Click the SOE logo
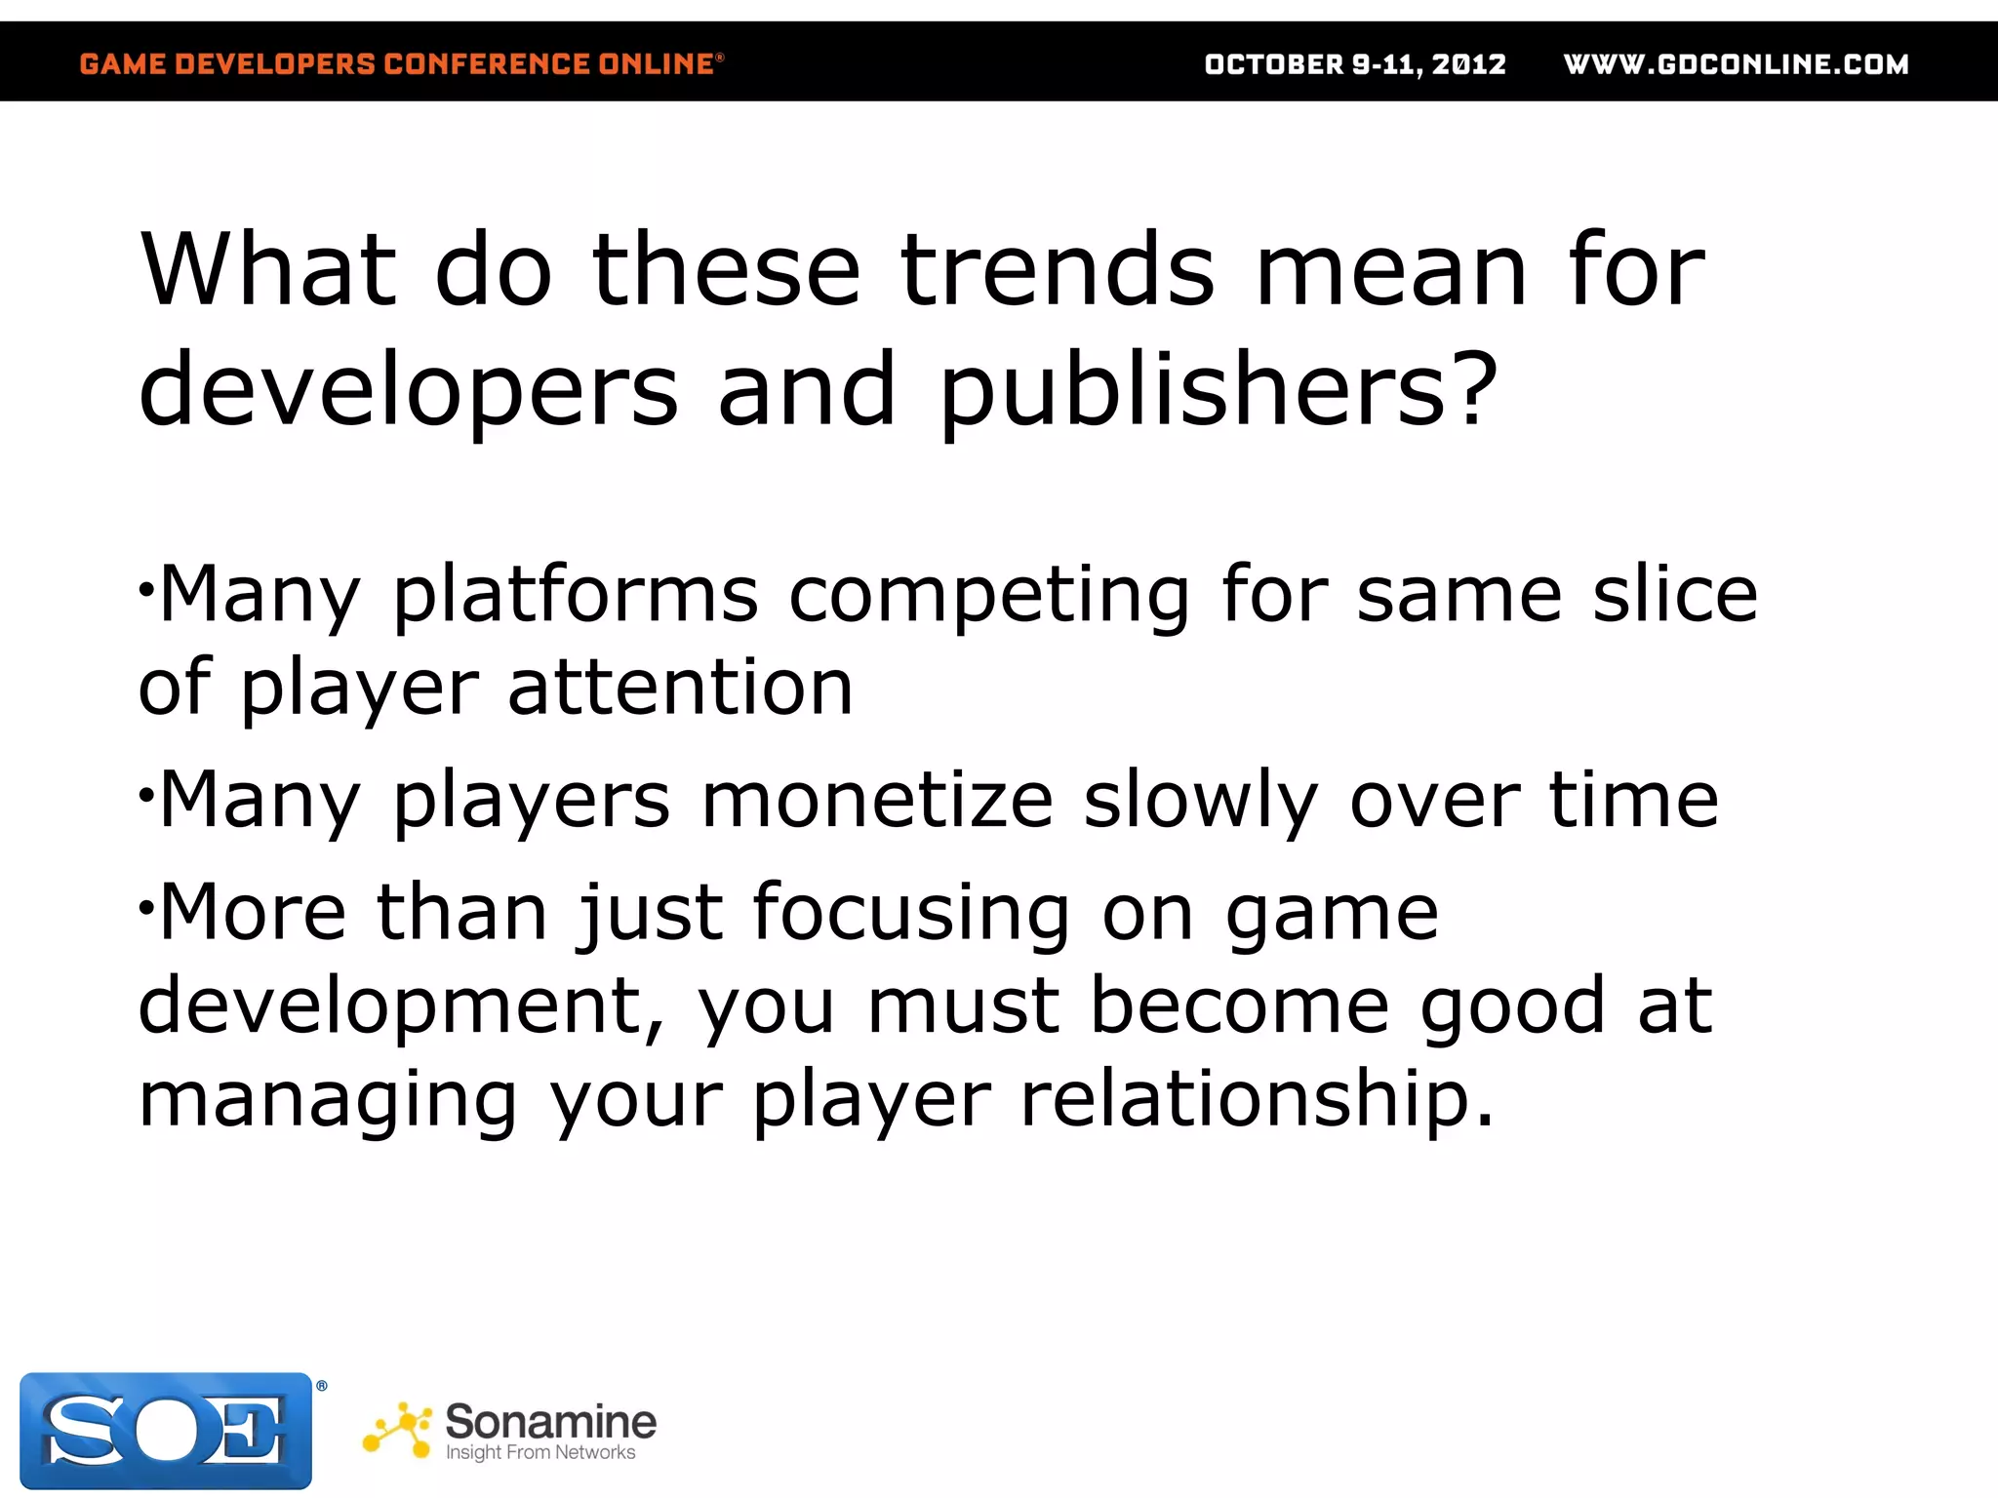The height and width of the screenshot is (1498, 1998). [166, 1431]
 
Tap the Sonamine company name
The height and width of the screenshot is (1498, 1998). [550, 1421]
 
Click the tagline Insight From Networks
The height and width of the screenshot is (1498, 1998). [539, 1453]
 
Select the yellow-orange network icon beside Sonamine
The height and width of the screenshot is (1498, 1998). [398, 1431]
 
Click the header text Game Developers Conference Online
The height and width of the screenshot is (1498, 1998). [401, 64]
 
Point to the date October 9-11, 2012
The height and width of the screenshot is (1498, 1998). [1354, 64]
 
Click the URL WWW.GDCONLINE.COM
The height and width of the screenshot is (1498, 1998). [1736, 64]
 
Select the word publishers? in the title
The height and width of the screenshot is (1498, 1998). [1218, 390]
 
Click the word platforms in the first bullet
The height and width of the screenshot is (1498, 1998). [576, 595]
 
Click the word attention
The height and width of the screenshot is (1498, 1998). [681, 687]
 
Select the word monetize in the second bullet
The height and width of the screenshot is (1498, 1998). [877, 800]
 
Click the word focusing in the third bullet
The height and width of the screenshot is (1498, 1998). [911, 913]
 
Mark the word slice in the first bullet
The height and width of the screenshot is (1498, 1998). [1675, 595]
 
